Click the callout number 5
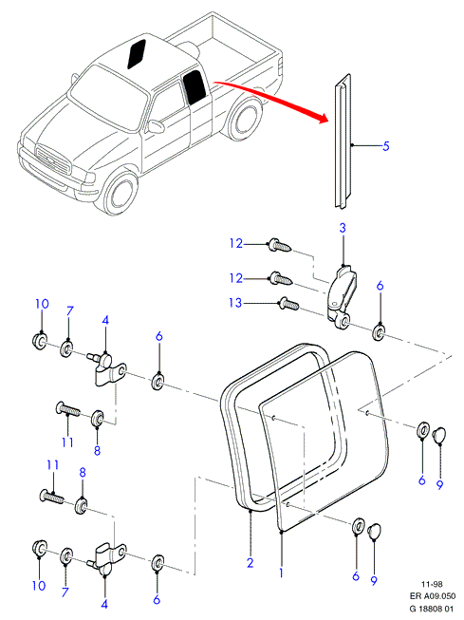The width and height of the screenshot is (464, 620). click(386, 146)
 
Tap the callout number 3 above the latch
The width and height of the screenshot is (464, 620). click(343, 228)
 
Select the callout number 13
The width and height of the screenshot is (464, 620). click(235, 303)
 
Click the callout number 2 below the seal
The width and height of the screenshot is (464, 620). click(250, 563)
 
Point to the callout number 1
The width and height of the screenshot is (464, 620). click(281, 573)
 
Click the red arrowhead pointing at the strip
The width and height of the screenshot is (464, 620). click(323, 118)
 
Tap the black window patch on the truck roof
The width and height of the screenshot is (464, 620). click(137, 54)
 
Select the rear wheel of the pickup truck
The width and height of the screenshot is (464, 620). click(244, 118)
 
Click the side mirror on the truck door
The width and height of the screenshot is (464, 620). click(156, 126)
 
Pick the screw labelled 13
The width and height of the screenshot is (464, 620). click(289, 305)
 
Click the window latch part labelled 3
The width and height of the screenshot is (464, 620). click(341, 296)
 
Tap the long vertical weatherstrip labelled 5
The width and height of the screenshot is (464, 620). click(343, 141)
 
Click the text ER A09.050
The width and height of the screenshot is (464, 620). click(433, 596)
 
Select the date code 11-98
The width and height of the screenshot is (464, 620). click(432, 584)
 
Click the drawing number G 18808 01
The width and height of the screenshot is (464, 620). click(431, 609)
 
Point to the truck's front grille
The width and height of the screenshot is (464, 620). click(52, 159)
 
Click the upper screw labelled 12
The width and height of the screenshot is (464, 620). click(280, 245)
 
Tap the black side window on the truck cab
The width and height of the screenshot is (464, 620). click(195, 87)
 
